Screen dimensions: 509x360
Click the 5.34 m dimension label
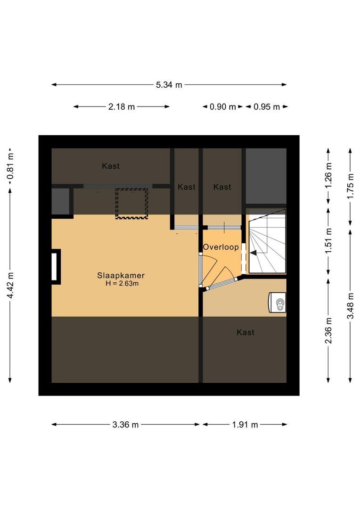(169, 85)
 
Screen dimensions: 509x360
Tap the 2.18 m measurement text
(122, 107)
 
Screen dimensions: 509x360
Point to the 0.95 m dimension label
(267, 107)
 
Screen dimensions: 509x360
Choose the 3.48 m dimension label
(350, 305)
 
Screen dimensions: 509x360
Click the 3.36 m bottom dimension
(125, 424)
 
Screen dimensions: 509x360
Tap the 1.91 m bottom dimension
(245, 424)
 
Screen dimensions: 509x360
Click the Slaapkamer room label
(121, 275)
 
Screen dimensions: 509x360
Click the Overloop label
(221, 247)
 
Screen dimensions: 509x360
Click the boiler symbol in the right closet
(277, 302)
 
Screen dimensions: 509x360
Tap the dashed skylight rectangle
(132, 203)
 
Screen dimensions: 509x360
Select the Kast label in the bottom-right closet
(245, 332)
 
